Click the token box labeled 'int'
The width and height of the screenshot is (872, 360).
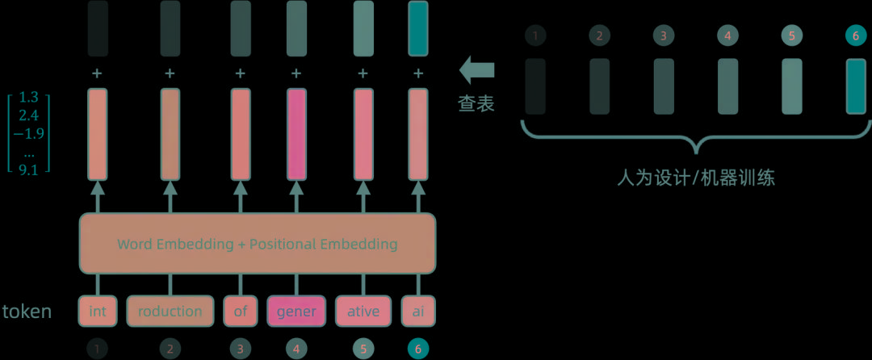coord(97,312)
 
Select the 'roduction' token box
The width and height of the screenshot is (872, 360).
coord(170,312)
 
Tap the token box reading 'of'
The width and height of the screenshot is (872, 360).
coord(240,312)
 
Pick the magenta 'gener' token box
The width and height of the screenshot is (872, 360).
coord(296,312)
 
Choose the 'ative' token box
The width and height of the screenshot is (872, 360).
coord(363,312)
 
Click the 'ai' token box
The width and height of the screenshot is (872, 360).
coord(418,312)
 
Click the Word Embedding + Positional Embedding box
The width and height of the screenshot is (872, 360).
coord(257,243)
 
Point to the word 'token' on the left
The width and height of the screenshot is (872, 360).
coord(27,312)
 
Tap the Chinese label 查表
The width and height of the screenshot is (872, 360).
coord(476,104)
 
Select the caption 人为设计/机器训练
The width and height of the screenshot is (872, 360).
coord(695,178)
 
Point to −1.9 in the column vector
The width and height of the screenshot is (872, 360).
coord(29,134)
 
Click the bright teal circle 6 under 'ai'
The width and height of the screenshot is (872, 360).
coord(418,349)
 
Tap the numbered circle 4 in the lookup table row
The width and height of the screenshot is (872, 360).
coord(727,36)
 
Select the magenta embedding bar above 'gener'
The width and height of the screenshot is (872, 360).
coord(296,134)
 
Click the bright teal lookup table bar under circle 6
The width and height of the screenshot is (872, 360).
coord(856,86)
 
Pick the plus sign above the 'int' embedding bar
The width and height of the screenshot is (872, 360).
coord(97,73)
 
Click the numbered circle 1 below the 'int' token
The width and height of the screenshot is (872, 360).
coord(97,349)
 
